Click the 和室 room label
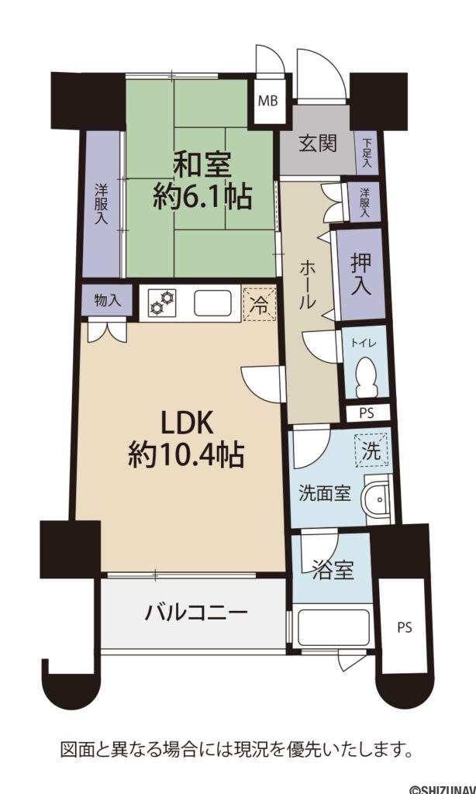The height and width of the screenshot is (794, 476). (202, 164)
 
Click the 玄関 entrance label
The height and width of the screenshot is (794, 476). (318, 143)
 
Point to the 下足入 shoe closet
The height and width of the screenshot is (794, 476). (367, 153)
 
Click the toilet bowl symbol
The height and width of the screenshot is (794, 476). (367, 378)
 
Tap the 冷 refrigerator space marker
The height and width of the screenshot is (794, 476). (260, 304)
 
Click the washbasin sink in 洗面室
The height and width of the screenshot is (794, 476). (377, 499)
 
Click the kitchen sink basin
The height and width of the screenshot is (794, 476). (213, 303)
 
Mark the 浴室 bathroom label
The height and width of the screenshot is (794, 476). (332, 571)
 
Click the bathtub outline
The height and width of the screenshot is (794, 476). (334, 627)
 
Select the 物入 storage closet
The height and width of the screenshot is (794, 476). (107, 300)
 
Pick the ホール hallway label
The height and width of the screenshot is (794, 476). (307, 285)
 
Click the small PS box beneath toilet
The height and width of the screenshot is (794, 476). (367, 413)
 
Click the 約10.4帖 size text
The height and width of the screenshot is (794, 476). (186, 454)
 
